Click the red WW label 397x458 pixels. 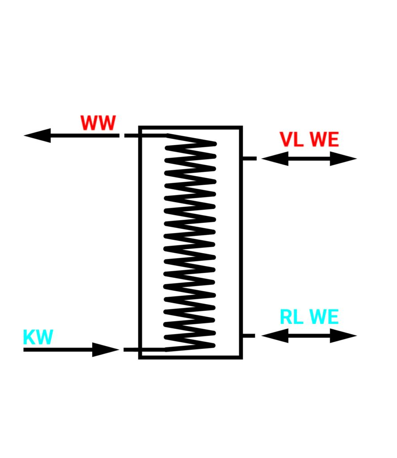pyautogui.click(x=98, y=123)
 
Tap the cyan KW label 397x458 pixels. pyautogui.click(x=38, y=337)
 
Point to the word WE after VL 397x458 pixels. pyautogui.click(x=324, y=140)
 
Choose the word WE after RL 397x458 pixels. pyautogui.click(x=324, y=317)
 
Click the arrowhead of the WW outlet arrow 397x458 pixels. pyautogui.click(x=38, y=135)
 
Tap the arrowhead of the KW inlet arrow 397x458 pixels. pyautogui.click(x=106, y=349)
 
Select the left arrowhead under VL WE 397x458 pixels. pyautogui.click(x=275, y=158)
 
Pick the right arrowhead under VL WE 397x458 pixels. pyautogui.click(x=343, y=158)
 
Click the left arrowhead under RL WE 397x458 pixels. pyautogui.click(x=275, y=335)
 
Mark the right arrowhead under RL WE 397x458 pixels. pyautogui.click(x=343, y=335)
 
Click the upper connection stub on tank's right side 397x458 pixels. pyautogui.click(x=249, y=158)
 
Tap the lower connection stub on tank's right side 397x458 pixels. pyautogui.click(x=249, y=335)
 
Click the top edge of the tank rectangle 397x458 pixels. pyautogui.click(x=191, y=128)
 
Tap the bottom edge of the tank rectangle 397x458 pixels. pyautogui.click(x=191, y=357)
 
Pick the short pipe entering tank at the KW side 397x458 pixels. pyautogui.click(x=132, y=349)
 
